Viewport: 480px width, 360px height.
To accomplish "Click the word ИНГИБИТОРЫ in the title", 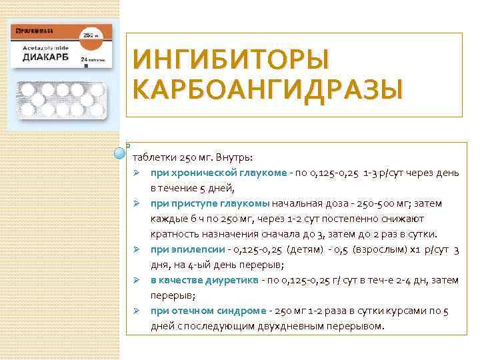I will click(231, 61).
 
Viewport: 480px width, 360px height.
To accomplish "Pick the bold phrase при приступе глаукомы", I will click(210, 203).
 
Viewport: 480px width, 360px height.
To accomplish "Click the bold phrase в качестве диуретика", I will click(203, 280).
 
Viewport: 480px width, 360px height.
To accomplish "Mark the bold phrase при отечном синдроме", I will click(208, 311).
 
